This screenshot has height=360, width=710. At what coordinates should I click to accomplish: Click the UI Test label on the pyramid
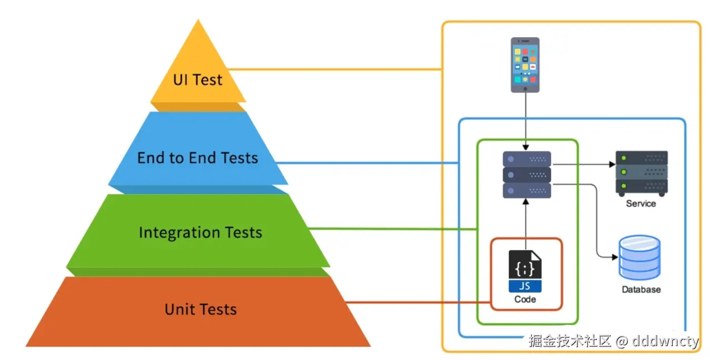197,79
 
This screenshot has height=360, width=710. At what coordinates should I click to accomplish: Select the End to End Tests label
197,158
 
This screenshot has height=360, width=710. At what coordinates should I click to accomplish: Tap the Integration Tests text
200,232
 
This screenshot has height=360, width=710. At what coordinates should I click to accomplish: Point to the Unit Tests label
200,309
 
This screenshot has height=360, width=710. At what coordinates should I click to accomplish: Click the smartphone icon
525,64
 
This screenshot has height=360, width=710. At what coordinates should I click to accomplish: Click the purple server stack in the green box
526,175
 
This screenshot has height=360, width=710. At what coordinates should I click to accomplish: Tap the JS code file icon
525,271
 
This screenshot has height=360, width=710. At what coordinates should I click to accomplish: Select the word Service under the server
641,204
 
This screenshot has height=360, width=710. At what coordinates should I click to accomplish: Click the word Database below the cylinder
641,290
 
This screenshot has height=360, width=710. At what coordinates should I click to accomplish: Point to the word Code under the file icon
525,300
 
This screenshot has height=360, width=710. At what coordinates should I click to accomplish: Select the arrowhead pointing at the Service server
612,164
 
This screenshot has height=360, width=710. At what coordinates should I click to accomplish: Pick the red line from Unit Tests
416,303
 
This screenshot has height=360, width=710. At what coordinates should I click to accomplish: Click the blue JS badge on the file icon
525,287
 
